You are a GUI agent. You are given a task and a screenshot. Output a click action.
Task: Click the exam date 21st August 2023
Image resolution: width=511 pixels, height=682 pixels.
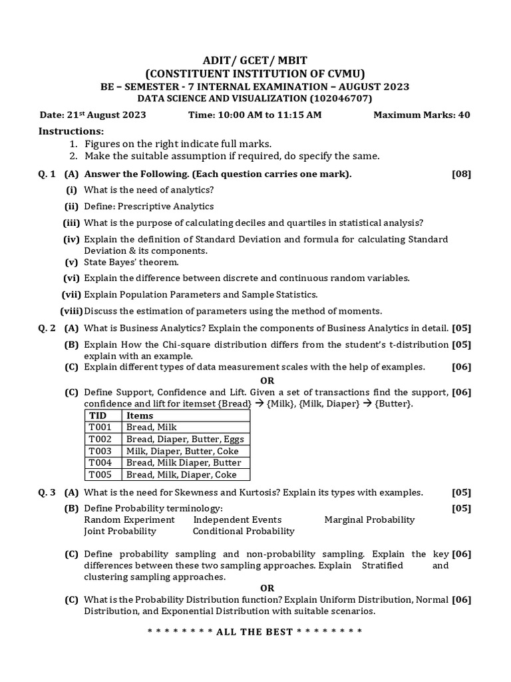pyautogui.click(x=92, y=115)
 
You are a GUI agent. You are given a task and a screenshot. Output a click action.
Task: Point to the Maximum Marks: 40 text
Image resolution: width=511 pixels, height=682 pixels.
pyautogui.click(x=421, y=115)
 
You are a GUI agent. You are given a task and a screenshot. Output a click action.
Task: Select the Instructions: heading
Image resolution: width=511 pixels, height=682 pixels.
pyautogui.click(x=71, y=131)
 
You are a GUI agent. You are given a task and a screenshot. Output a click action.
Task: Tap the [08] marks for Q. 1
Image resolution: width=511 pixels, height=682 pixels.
pyautogui.click(x=460, y=174)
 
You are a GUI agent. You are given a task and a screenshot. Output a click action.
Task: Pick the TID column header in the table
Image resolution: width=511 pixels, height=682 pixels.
pyautogui.click(x=98, y=416)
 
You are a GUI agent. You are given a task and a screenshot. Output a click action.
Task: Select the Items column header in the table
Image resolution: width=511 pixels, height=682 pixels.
pyautogui.click(x=140, y=416)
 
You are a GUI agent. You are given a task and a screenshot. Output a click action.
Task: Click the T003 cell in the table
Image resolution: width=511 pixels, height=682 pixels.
pyautogui.click(x=100, y=451)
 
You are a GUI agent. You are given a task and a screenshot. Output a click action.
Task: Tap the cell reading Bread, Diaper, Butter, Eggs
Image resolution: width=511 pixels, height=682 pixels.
pyautogui.click(x=185, y=439)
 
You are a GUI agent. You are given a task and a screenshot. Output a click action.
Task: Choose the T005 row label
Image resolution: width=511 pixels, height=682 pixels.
pyautogui.click(x=100, y=475)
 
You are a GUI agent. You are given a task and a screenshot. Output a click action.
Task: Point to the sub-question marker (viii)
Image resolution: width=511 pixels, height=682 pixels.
pyautogui.click(x=71, y=311)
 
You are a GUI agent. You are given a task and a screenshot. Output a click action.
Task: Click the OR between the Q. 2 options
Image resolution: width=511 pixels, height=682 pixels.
pyautogui.click(x=267, y=380)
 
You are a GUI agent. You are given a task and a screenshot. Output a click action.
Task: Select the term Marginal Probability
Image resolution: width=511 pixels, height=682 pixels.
pyautogui.click(x=369, y=519)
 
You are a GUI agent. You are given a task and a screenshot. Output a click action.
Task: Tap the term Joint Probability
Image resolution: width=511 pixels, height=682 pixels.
pyautogui.click(x=120, y=531)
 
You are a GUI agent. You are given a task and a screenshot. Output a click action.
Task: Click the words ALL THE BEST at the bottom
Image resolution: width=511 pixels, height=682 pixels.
pyautogui.click(x=255, y=631)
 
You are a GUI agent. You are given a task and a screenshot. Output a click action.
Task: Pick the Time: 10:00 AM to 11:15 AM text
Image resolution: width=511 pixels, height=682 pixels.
pyautogui.click(x=255, y=115)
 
